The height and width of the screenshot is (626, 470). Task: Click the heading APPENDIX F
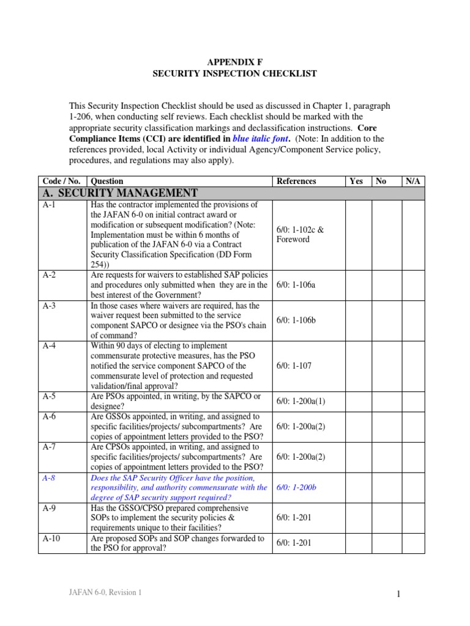coord(235,61)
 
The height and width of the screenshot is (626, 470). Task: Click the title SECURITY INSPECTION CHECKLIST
coord(235,73)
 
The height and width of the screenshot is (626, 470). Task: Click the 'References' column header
coord(296,181)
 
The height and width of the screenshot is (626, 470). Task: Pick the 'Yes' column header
coord(356,181)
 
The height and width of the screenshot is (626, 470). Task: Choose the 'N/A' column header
coord(412,181)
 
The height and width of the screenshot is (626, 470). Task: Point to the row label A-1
coord(50,205)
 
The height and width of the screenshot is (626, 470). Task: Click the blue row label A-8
coord(50,478)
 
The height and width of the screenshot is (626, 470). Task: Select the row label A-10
coord(52,539)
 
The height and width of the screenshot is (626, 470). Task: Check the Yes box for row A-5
coord(359,401)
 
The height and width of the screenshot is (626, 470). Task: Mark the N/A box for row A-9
coord(413,518)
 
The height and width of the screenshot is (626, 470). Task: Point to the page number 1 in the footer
coord(414,593)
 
